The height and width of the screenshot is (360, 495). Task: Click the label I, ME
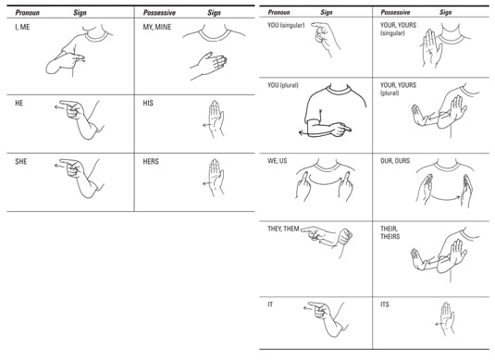click(22, 27)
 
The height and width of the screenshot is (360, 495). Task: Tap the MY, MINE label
click(157, 27)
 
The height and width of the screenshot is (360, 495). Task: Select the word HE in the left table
click(19, 104)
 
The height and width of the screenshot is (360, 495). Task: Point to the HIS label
click(148, 104)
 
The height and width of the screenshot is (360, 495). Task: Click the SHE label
click(21, 162)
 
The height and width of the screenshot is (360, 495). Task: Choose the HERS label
click(151, 162)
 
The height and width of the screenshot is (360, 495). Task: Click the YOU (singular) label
click(286, 25)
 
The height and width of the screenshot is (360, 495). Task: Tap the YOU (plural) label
click(283, 85)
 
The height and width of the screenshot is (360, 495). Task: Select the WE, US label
click(278, 161)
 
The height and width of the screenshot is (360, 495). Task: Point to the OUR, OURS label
click(395, 161)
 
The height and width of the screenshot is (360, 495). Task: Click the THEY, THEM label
click(283, 229)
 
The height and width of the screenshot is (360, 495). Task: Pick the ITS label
click(385, 304)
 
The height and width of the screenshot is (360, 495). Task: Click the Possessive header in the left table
click(159, 13)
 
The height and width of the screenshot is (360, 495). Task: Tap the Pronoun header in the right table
click(278, 12)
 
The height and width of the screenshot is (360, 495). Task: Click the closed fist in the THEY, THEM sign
click(344, 237)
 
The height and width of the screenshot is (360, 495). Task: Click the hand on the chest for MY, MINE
click(209, 65)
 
